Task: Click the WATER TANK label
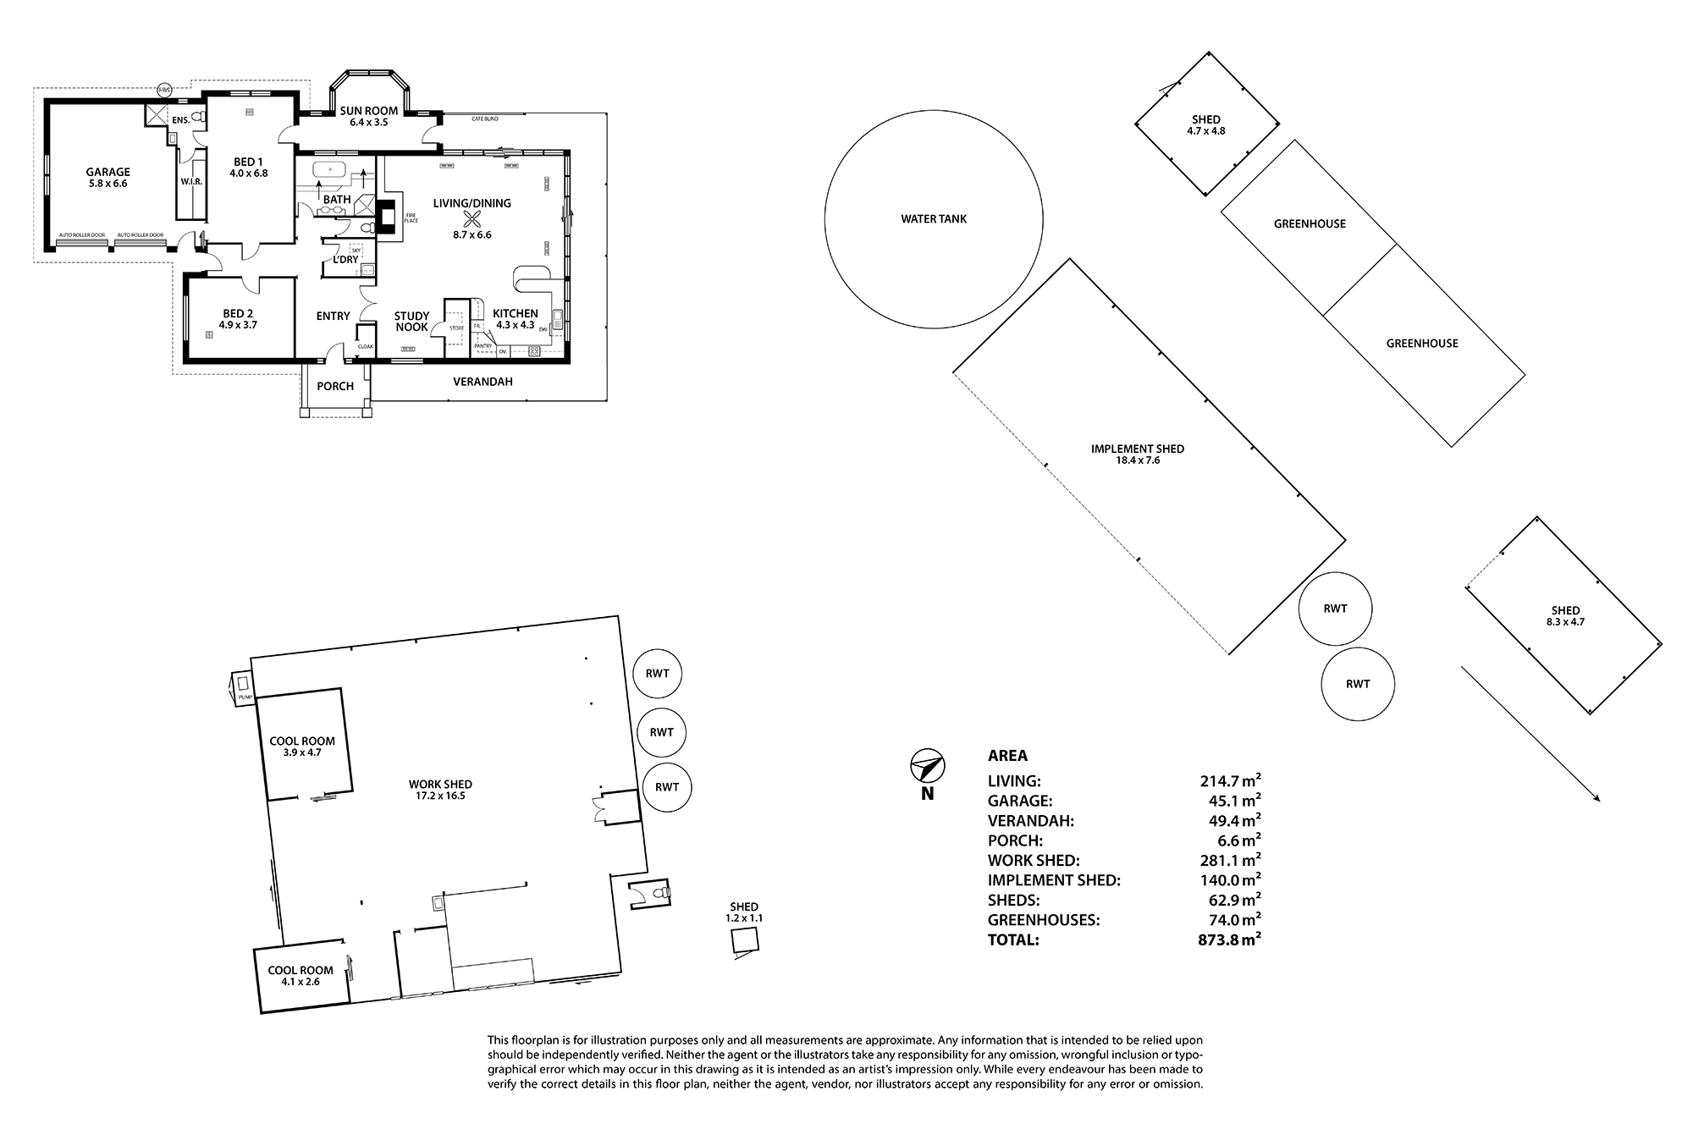coord(934,219)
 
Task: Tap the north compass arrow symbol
coord(927,767)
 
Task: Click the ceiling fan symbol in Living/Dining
coord(472,219)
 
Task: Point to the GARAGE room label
coord(108,172)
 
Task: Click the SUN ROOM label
coord(369,111)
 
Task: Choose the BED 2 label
coord(239,313)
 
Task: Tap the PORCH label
coord(335,386)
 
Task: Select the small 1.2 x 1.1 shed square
coord(745,940)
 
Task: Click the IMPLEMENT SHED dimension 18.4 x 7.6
coord(1138,460)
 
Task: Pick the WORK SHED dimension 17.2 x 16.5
coord(440,796)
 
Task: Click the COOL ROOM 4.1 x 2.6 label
coord(301,976)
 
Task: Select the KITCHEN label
coord(515,313)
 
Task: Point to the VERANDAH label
coord(483,382)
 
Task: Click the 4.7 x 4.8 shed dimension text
coord(1206,131)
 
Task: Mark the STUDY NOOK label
coord(411,322)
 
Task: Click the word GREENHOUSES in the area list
coord(1044,920)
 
